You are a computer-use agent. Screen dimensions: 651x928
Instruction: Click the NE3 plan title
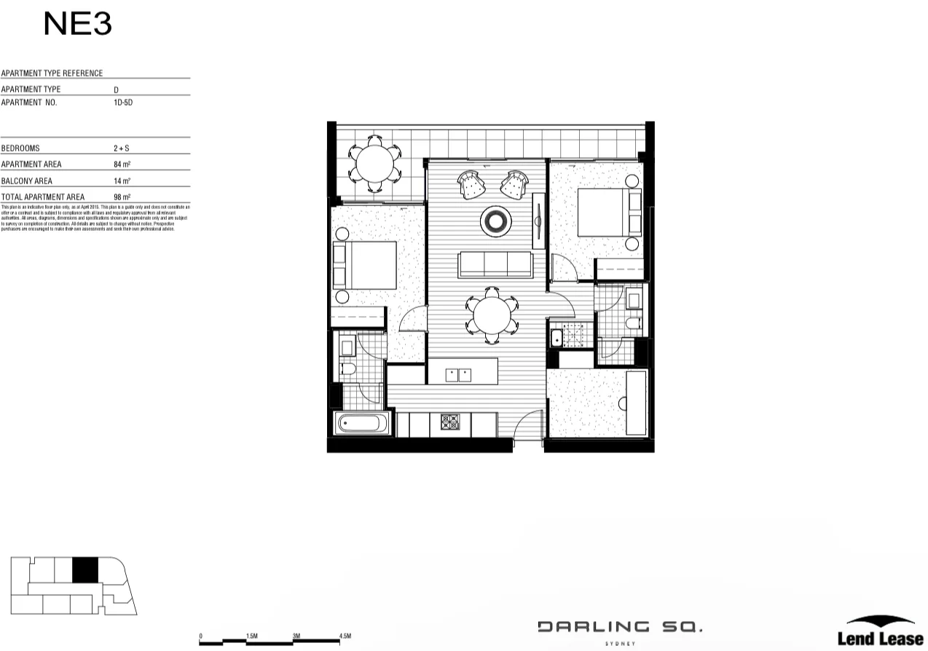click(x=77, y=24)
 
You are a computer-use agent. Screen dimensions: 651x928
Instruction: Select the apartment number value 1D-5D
click(x=123, y=103)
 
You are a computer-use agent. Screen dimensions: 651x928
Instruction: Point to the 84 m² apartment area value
click(x=122, y=165)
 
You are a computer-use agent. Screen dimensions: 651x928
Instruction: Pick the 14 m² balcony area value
click(x=122, y=181)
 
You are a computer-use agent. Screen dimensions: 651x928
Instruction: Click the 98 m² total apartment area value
click(x=122, y=197)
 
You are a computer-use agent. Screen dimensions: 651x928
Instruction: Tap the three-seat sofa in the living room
click(x=494, y=264)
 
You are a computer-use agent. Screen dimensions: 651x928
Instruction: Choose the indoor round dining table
click(x=492, y=316)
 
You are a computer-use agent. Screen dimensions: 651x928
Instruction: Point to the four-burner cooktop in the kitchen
click(x=449, y=421)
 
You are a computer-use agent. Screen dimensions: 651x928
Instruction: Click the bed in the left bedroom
click(x=365, y=265)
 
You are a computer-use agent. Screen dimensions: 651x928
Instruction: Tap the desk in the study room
click(x=636, y=403)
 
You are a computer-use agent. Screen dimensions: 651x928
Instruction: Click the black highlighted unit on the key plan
click(x=85, y=569)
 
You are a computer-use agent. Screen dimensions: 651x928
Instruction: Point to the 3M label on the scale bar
click(x=296, y=636)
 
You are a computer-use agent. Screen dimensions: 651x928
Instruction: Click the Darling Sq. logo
click(x=620, y=627)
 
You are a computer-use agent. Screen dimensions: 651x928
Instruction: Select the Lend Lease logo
click(x=880, y=632)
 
